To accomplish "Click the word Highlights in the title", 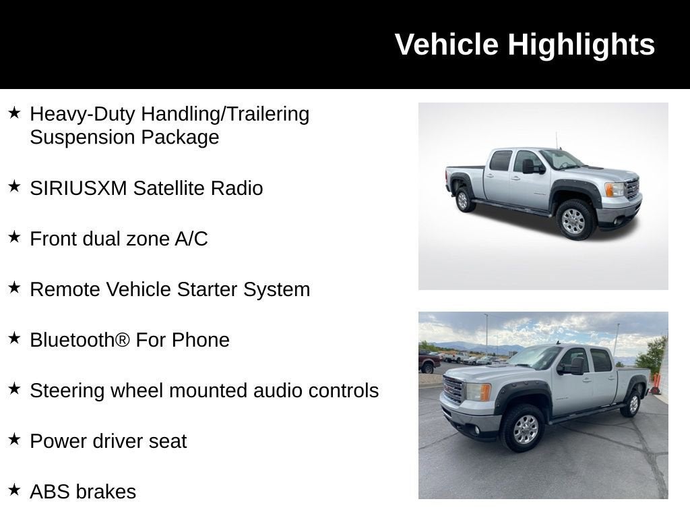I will [x=581, y=45].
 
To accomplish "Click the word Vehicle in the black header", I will [x=447, y=45].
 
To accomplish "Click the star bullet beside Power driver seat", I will [x=14, y=440].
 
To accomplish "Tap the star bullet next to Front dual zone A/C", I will [x=14, y=237].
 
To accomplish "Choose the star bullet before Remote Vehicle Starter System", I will [x=14, y=288].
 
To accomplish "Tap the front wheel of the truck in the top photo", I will [x=573, y=221].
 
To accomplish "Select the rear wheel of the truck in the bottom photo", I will [x=632, y=403].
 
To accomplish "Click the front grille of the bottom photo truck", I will [x=453, y=390].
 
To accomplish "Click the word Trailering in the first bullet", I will [x=268, y=114].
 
